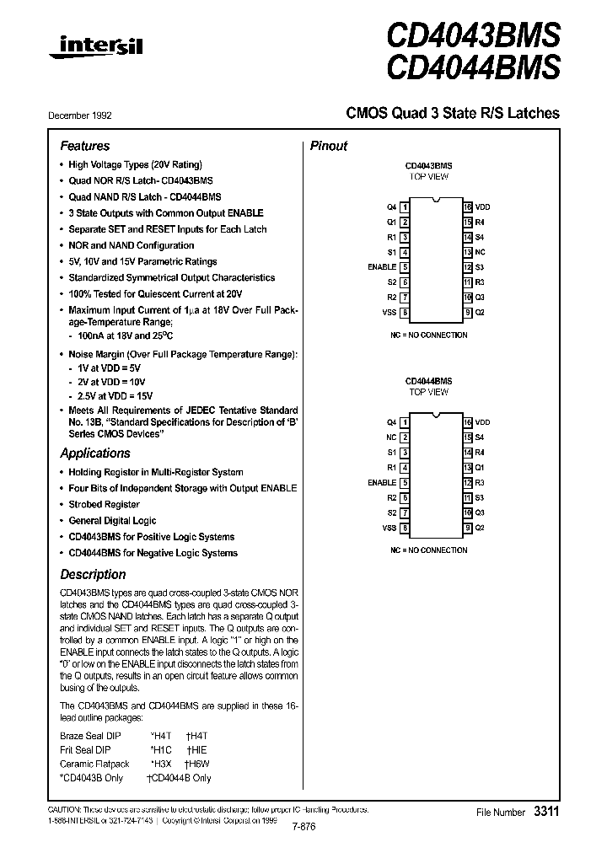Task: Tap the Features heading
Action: (84, 146)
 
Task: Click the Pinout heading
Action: (329, 146)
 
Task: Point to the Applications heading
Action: (94, 453)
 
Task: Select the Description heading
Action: (93, 574)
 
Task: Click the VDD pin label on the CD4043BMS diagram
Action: (482, 207)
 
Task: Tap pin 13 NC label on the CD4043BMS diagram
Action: (479, 252)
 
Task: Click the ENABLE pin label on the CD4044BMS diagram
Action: (382, 482)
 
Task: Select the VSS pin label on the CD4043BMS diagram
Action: (389, 313)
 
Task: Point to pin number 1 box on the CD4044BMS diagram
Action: (406, 421)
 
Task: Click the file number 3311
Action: (545, 811)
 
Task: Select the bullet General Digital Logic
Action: (112, 521)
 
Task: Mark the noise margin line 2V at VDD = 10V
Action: (114, 382)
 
